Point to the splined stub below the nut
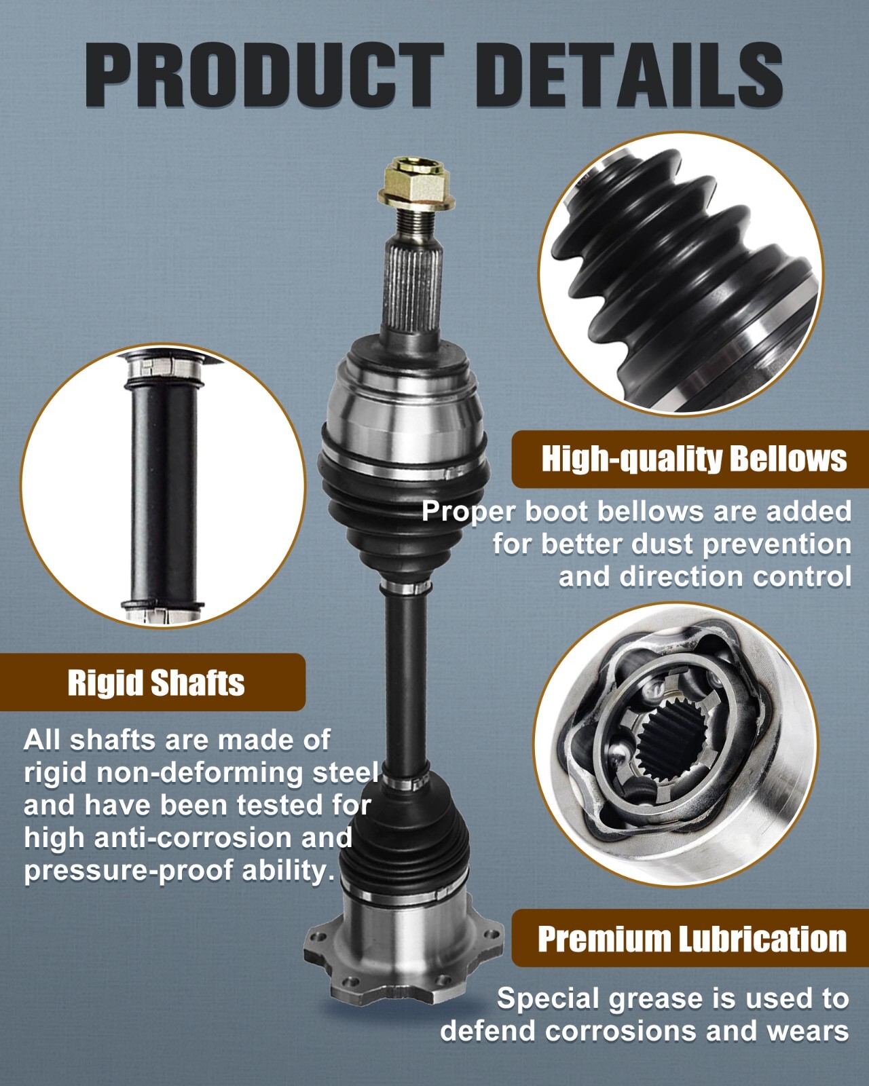pos(413,285)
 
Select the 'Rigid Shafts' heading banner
pos(155,683)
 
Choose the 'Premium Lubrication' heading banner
pos(691,939)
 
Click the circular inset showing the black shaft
pos(163,485)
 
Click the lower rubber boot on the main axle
pos(406,835)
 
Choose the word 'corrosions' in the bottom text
pos(621,1031)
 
